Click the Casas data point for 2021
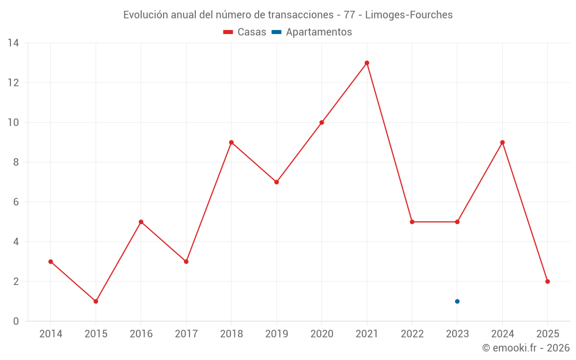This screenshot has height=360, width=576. [367, 63]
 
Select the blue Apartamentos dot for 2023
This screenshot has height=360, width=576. [457, 301]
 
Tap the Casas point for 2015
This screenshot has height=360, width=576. [96, 301]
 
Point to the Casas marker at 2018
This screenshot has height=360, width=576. [232, 142]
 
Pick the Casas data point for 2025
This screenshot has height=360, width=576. [548, 282]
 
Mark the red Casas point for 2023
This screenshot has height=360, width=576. [457, 222]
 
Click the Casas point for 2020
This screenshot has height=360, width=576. [321, 122]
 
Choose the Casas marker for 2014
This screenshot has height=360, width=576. [51, 262]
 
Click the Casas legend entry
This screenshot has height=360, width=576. [245, 32]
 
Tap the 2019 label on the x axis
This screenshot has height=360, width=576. [276, 334]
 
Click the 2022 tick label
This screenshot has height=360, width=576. [412, 334]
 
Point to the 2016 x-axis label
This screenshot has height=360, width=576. [141, 334]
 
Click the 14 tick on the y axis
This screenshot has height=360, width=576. [13, 43]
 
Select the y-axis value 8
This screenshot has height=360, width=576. [16, 162]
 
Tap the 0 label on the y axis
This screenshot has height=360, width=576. [16, 321]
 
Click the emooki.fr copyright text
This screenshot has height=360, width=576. [526, 348]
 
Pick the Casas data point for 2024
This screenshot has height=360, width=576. [502, 142]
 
